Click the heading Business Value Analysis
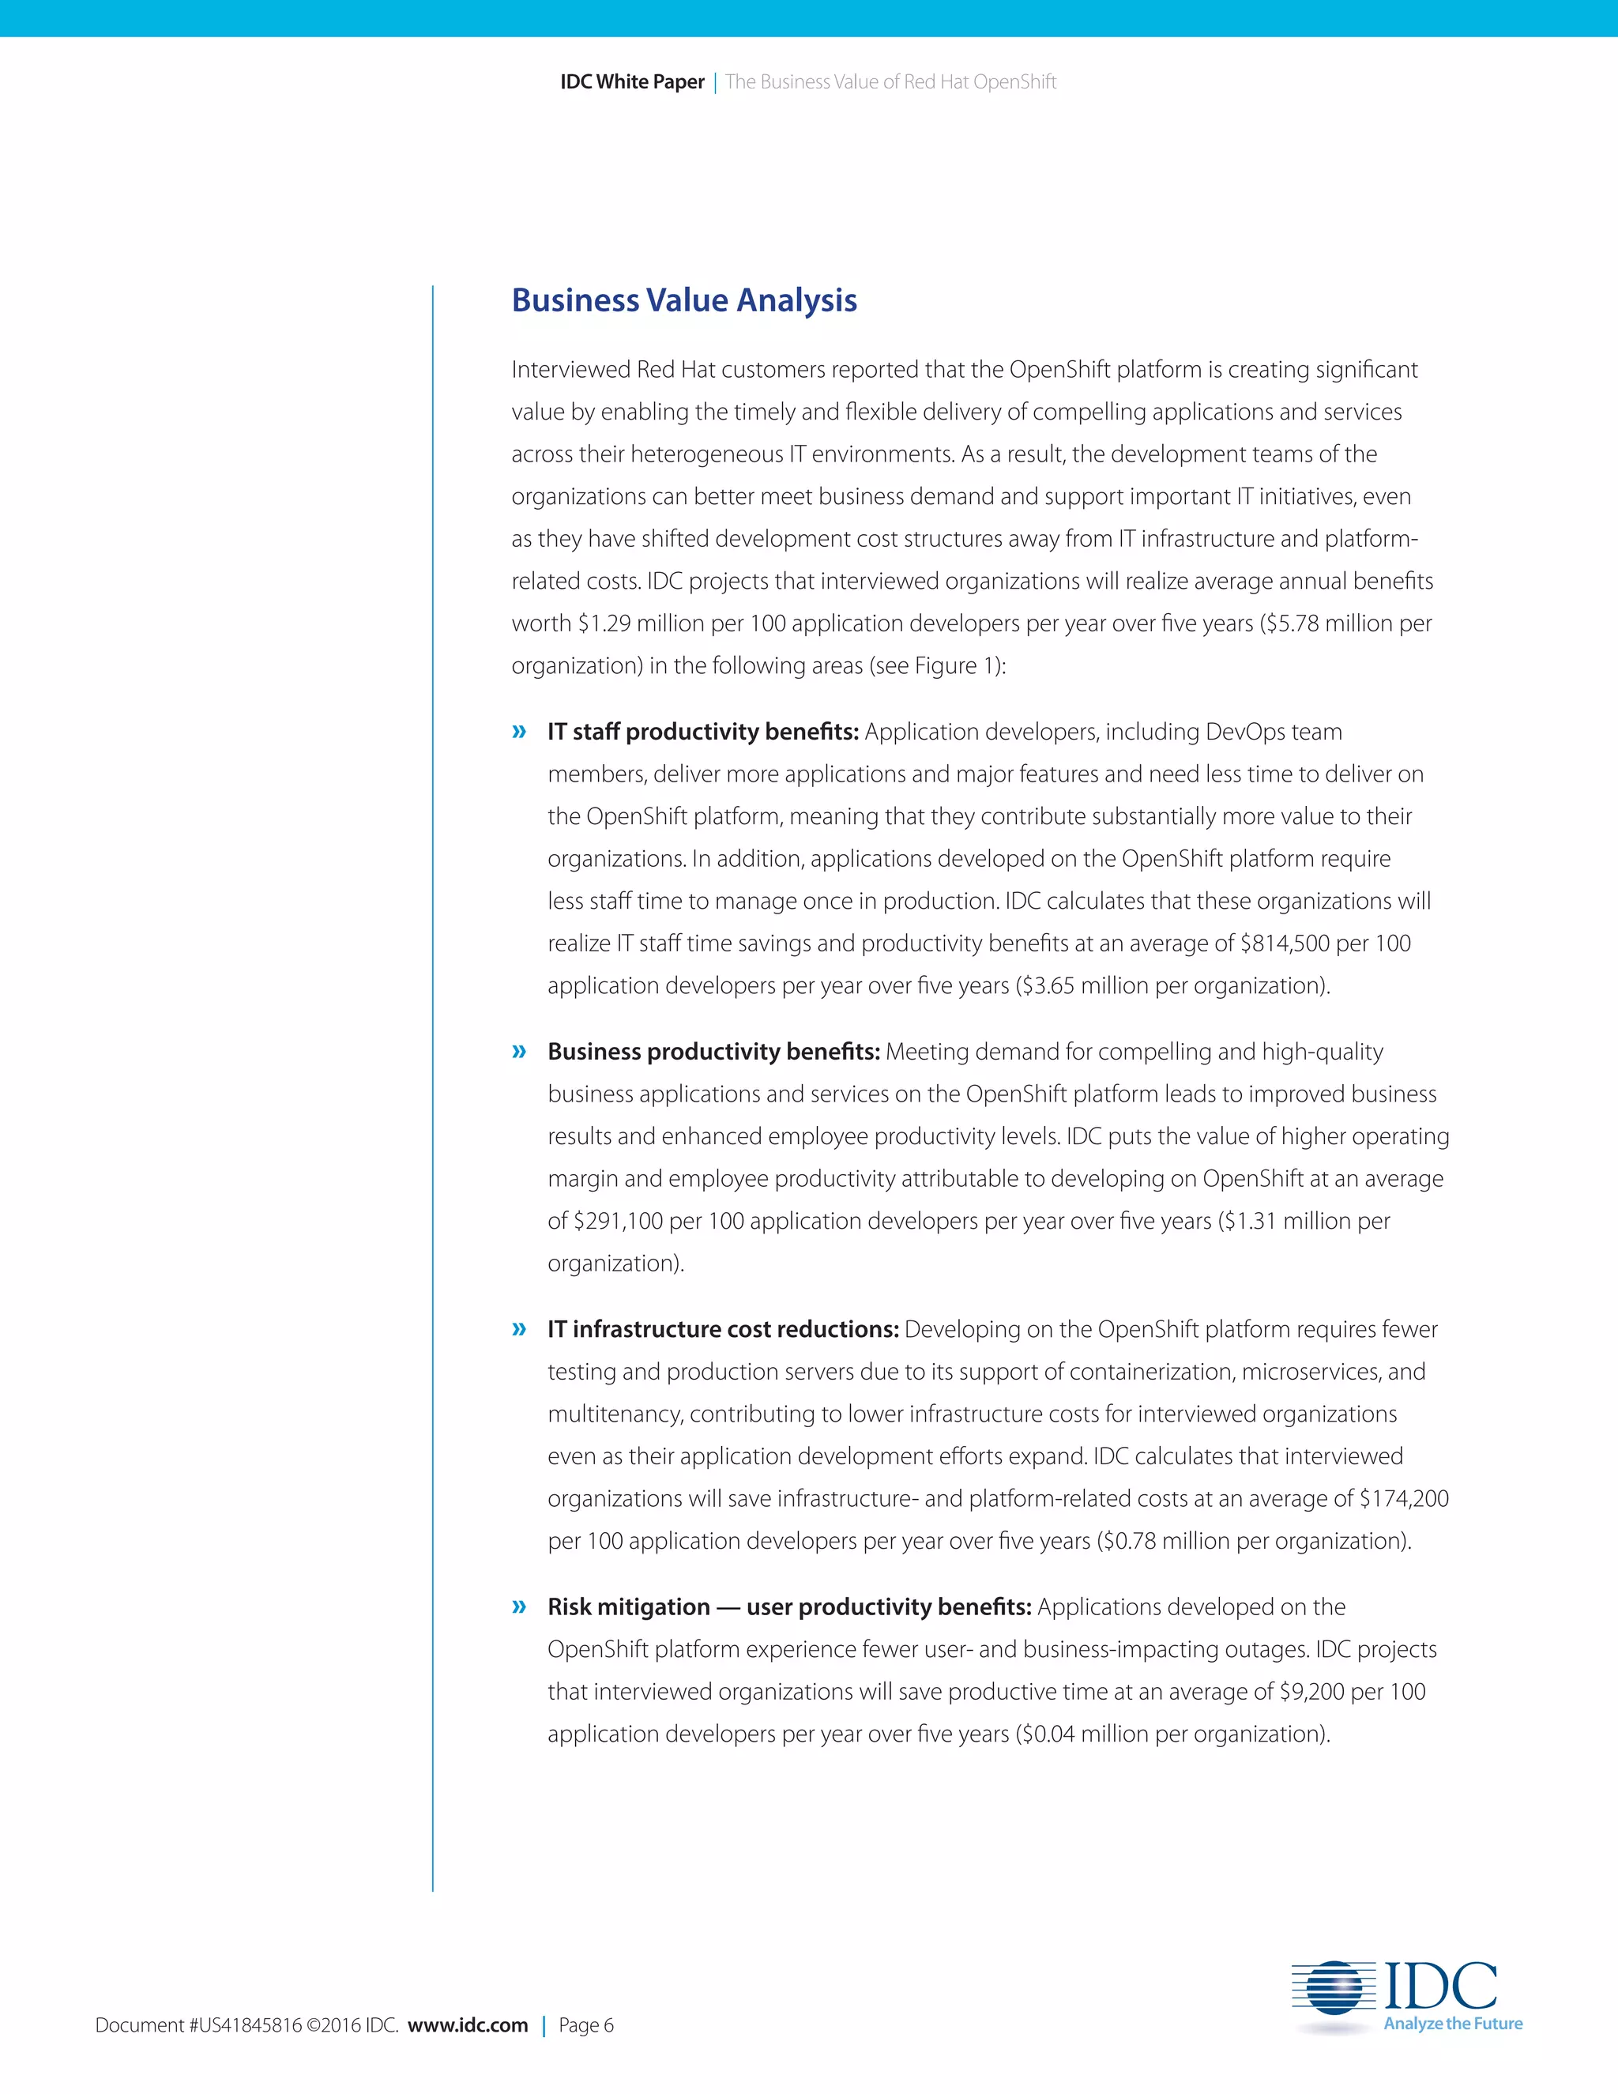[683, 300]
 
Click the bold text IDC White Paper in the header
[632, 82]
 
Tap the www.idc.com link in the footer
[467, 2025]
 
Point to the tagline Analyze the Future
[1452, 2024]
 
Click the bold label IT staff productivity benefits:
[702, 732]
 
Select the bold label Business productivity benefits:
[713, 1052]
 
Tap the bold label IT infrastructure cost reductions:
[723, 1330]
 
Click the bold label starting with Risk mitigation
[789, 1607]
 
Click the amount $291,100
[619, 1222]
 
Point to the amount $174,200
[1403, 1498]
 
